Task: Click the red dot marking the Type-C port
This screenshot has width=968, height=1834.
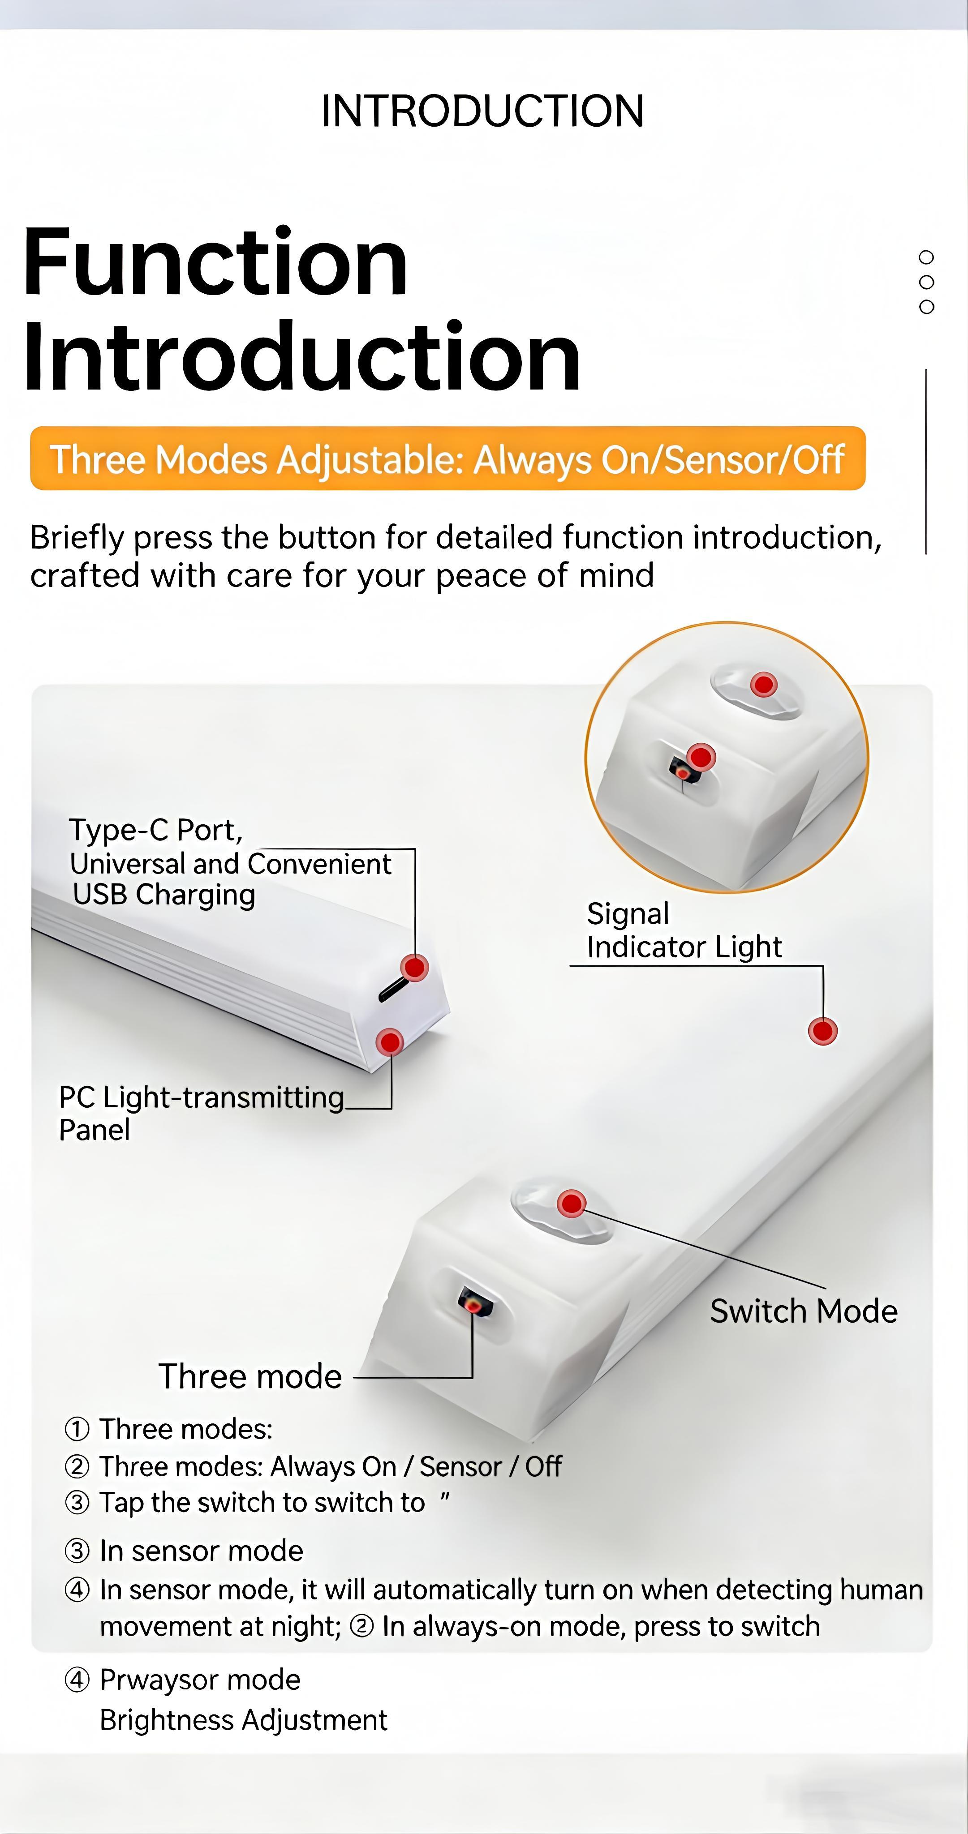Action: pos(414,968)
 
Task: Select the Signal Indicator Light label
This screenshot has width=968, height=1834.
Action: pos(684,930)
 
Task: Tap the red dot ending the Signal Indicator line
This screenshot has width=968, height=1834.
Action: pos(823,1031)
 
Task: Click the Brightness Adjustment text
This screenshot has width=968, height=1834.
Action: pos(243,1719)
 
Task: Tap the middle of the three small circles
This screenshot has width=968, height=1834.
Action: pos(926,282)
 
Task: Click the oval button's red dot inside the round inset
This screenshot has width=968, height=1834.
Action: pos(764,685)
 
